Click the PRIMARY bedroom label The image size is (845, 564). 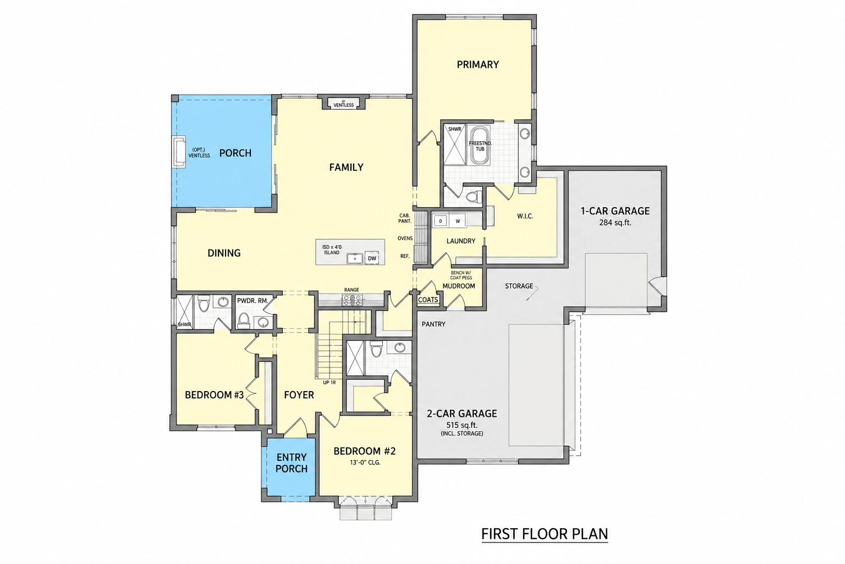coord(478,64)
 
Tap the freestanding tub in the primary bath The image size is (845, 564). coord(480,145)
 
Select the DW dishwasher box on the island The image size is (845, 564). coord(372,258)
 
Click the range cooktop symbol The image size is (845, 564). coord(352,300)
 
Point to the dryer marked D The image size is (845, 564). coord(440,221)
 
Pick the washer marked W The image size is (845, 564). coord(458,221)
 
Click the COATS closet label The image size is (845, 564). coord(428,300)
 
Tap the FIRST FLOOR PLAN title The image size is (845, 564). coord(545,534)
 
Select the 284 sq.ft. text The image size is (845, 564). coord(615,223)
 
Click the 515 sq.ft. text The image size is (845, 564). coord(462,425)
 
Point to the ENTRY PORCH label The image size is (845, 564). coord(292,463)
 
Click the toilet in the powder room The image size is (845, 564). coord(244,319)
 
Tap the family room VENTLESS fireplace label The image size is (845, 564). coord(343,105)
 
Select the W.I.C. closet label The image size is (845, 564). coord(525,216)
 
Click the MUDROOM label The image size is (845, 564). coord(459,286)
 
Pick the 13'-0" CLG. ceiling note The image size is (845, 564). coord(365,462)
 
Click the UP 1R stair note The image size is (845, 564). coord(330,382)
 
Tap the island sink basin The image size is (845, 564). coord(355,259)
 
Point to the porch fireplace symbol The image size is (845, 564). coord(179,151)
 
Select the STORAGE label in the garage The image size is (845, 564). coord(519,286)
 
